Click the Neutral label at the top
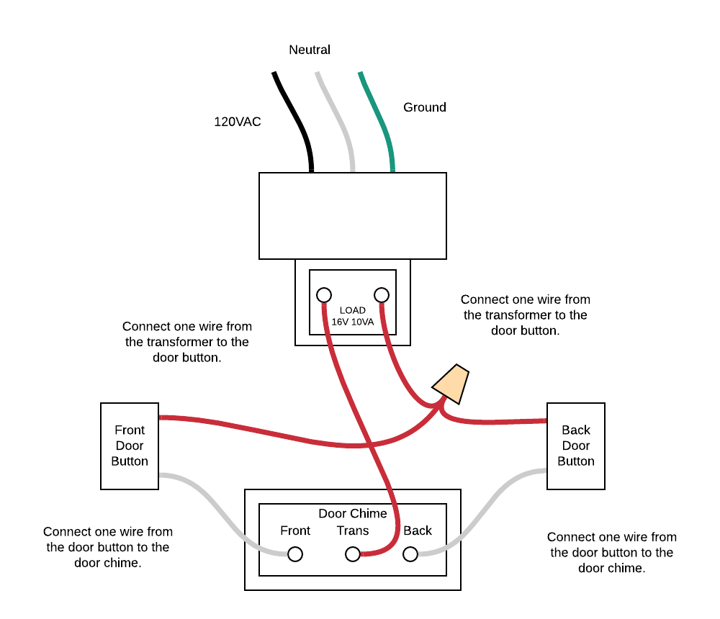pos(310,50)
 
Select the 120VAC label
pos(238,122)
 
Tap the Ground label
pos(424,107)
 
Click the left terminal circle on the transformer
pos(324,295)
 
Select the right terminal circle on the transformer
pos(382,295)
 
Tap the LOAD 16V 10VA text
pos(353,316)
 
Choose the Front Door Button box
pos(130,446)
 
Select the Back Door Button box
pos(576,446)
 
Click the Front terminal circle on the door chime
pos(295,554)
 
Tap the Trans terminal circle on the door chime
pos(353,554)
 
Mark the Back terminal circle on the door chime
pos(410,554)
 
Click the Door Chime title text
pos(353,513)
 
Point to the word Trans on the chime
pos(353,530)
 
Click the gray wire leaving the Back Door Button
pos(490,504)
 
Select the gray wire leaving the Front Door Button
pos(216,504)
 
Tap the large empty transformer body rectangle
pos(353,216)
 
